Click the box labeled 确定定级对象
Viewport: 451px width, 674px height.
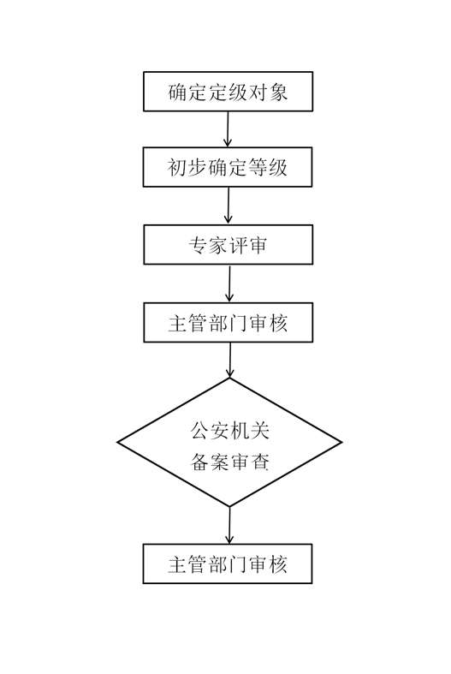(228, 92)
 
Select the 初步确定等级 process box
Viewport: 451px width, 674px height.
(228, 167)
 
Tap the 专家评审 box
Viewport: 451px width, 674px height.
(228, 245)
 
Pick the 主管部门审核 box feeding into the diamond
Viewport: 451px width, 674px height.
(228, 323)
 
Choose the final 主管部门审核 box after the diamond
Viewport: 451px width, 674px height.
(228, 564)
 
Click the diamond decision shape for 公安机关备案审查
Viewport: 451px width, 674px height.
(229, 443)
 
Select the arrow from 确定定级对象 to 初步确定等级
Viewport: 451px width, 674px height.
(228, 128)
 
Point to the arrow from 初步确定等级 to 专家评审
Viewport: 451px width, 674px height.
(228, 206)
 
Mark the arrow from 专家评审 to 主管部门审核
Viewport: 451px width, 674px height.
(229, 283)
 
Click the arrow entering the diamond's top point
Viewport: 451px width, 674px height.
(230, 360)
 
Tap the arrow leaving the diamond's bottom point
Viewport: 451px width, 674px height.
(229, 524)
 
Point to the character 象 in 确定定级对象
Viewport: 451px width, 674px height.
(278, 92)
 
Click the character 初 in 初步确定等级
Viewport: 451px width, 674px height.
(178, 167)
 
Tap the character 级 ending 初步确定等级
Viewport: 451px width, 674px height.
(277, 167)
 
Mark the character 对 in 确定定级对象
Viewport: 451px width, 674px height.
(258, 92)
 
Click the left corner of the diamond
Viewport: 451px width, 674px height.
(119, 443)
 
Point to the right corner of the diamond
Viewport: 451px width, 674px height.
(340, 443)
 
